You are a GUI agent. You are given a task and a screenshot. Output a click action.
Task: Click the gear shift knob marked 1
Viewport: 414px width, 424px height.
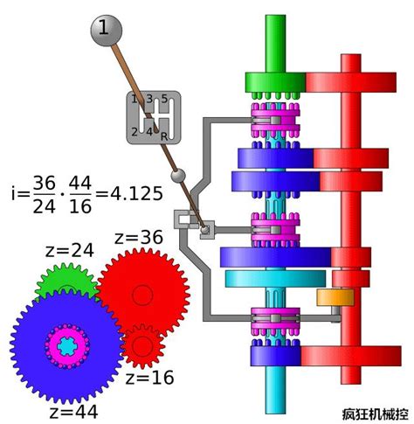point(107,31)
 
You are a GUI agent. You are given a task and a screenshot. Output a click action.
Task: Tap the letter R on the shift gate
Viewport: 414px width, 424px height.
point(164,136)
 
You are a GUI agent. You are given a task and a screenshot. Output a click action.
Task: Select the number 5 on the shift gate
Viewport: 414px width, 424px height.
point(164,99)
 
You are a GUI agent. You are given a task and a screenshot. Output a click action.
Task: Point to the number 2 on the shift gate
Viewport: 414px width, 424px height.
point(135,132)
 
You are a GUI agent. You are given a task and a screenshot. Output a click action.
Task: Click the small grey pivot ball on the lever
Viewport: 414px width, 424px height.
point(178,176)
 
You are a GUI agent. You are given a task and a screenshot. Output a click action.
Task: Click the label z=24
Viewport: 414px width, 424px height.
point(70,251)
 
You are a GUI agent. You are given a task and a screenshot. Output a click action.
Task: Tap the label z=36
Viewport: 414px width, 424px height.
point(139,238)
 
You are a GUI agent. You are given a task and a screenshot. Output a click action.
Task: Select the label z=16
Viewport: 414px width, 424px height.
point(149,378)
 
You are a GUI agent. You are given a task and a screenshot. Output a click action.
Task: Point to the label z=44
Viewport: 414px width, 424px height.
point(73,413)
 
